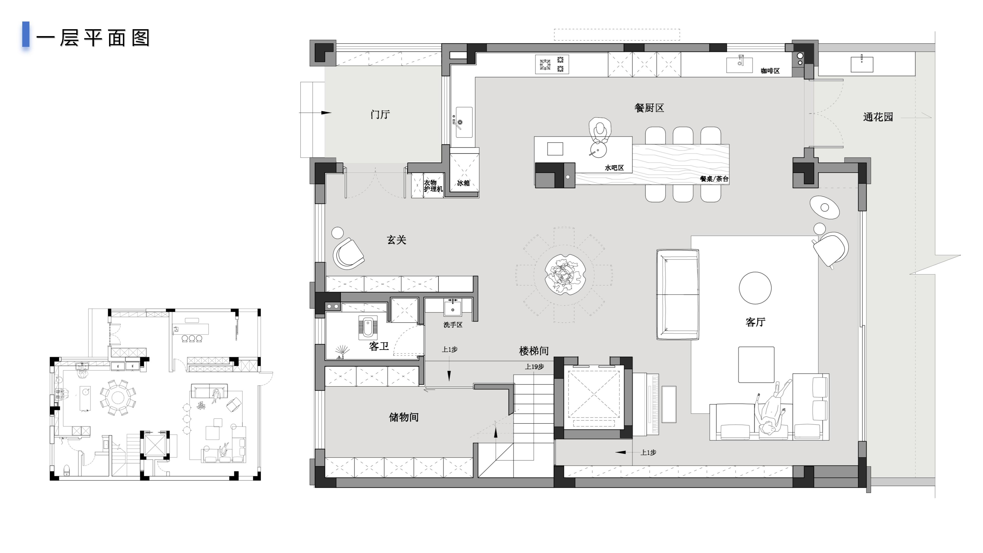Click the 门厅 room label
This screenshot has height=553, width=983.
click(x=380, y=114)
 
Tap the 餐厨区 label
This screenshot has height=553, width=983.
click(x=649, y=108)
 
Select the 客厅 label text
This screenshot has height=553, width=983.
click(x=755, y=322)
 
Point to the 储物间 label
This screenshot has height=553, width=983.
click(x=404, y=417)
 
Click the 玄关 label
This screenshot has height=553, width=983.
click(x=397, y=240)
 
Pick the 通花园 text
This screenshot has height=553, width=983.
click(x=878, y=117)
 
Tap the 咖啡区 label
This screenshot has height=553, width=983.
click(x=770, y=71)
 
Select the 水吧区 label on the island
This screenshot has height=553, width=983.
click(x=614, y=167)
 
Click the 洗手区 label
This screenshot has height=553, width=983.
click(x=453, y=325)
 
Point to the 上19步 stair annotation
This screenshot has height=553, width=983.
click(x=534, y=367)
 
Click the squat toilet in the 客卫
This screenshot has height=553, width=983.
click(x=368, y=327)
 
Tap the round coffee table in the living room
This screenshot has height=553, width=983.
click(x=755, y=288)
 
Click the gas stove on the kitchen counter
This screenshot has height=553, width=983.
click(x=552, y=64)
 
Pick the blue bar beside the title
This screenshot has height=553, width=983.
click(x=26, y=34)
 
